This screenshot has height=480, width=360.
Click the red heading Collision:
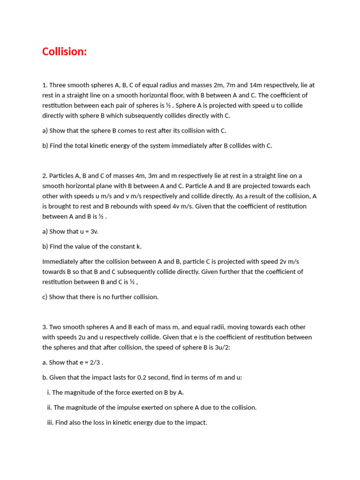[65, 52]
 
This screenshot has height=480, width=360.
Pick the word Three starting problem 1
[58, 85]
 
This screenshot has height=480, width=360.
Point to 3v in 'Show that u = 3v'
[94, 232]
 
